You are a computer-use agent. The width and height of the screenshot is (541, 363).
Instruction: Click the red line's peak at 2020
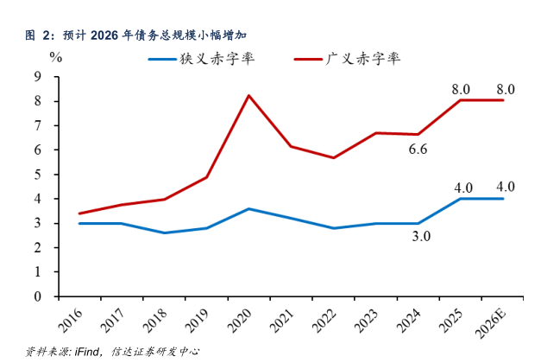(x=249, y=95)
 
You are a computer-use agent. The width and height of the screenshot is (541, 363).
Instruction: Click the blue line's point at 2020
(x=249, y=208)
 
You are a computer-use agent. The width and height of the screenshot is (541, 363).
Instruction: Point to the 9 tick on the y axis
(x=37, y=77)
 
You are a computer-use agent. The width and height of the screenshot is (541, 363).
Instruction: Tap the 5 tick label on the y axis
(x=37, y=175)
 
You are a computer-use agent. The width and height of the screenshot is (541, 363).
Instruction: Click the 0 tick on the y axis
(x=37, y=296)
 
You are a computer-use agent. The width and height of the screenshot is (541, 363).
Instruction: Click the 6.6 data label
(x=418, y=150)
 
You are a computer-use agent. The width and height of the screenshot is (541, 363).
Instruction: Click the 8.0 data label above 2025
(x=461, y=89)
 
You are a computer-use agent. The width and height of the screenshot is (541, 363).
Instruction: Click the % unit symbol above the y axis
(x=56, y=58)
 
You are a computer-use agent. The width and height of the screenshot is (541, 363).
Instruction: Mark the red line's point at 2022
(x=333, y=157)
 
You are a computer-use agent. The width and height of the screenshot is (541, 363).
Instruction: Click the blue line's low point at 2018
(x=164, y=232)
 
